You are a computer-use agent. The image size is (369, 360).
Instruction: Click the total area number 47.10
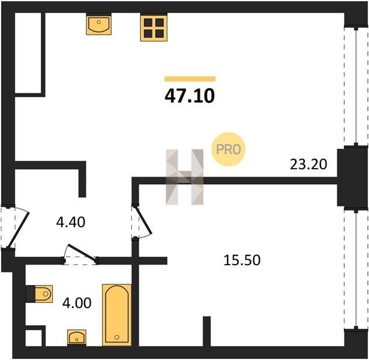click(190, 96)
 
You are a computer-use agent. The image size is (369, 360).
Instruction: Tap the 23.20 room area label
click(308, 164)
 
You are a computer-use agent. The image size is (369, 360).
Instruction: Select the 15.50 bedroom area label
click(242, 260)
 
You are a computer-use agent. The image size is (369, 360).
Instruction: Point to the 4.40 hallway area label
click(71, 223)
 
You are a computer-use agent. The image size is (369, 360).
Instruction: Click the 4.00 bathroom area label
click(77, 303)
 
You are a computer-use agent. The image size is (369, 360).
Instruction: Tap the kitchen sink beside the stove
click(99, 24)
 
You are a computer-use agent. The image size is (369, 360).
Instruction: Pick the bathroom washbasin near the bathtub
click(77, 337)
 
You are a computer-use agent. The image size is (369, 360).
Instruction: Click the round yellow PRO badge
click(229, 149)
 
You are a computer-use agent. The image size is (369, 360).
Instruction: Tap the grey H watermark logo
click(185, 177)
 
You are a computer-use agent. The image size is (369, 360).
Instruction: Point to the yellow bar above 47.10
click(190, 79)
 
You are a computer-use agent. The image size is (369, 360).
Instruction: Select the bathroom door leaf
click(82, 253)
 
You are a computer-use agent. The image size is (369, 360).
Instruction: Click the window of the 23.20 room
click(356, 86)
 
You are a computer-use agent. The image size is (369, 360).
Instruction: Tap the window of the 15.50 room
click(356, 269)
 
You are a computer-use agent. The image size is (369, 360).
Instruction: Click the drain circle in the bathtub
click(117, 337)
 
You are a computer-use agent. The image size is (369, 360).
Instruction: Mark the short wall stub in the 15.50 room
click(206, 331)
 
